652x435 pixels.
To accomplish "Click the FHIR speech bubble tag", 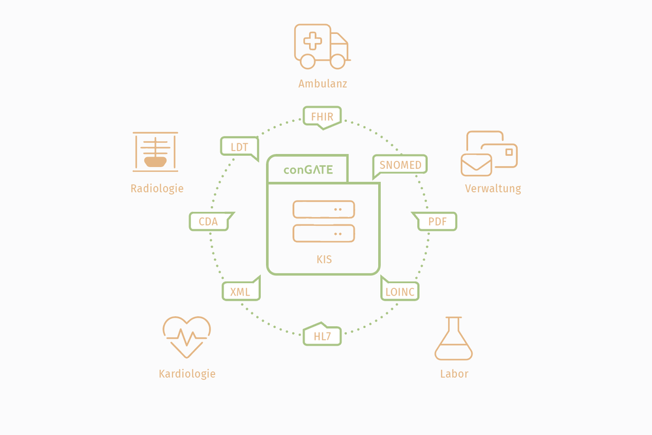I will pos(322,117).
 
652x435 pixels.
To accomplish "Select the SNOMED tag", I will pos(400,165).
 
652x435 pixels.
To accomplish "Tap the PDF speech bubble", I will pos(437,222).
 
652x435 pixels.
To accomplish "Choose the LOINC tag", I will pos(400,292).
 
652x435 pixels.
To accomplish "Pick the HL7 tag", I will pos(322,336).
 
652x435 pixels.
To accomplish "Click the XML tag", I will pos(241,292).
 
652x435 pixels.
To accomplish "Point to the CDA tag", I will pos(209,222).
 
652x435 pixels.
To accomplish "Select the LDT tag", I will pos(239,147).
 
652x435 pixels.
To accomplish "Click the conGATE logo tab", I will pos(308,170).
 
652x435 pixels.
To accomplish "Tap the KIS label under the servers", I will pos(324,260).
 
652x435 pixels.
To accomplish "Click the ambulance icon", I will pos(321,46).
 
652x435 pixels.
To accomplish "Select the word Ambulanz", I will pos(323,83).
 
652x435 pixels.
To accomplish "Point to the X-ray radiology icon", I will pos(155,152).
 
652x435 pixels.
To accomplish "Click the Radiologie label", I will pos(157,188).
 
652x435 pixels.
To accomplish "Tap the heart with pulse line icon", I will pos(186,337).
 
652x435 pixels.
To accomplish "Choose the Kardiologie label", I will pos(187,374).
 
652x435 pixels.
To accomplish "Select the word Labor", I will pos(454,374).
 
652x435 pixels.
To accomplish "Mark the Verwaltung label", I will pos(493,188).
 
